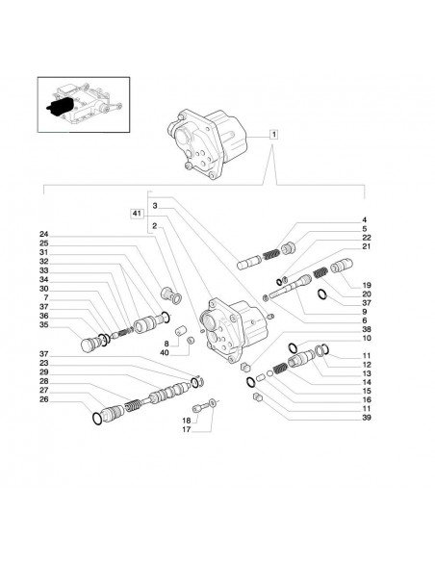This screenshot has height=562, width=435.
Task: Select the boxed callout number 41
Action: click(138, 212)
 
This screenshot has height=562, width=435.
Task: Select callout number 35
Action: click(44, 326)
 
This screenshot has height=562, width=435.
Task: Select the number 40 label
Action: click(166, 354)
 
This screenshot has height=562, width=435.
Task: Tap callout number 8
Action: click(166, 344)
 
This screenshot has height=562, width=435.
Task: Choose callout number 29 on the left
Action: click(44, 371)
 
